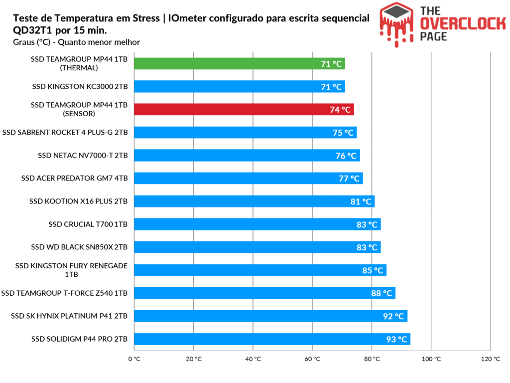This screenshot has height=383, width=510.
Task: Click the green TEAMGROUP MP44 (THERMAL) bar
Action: (239, 64)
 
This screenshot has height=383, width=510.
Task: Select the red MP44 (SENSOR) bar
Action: (244, 110)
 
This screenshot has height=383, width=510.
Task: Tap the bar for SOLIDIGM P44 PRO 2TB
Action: (271, 339)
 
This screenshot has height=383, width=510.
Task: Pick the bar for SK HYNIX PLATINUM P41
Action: (270, 316)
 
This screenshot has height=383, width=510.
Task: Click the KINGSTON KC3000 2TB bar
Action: (239, 87)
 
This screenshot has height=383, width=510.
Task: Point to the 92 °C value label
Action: (393, 316)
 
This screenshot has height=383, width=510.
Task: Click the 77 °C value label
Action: (349, 179)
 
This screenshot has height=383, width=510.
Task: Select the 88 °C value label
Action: (382, 293)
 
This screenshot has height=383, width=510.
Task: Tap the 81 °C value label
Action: (361, 201)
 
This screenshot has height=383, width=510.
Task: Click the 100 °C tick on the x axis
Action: (431, 359)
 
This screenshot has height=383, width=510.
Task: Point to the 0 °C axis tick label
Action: (134, 359)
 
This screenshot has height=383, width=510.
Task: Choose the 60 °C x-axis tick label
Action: (312, 359)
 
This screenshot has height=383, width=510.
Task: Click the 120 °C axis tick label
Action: (491, 359)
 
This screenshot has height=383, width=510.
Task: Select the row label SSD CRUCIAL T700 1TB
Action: (88, 224)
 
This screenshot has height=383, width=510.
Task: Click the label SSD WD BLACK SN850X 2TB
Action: (79, 247)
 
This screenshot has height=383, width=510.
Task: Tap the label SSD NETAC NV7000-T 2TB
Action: (83, 156)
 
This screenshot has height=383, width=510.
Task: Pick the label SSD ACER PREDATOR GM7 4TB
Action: (75, 179)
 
